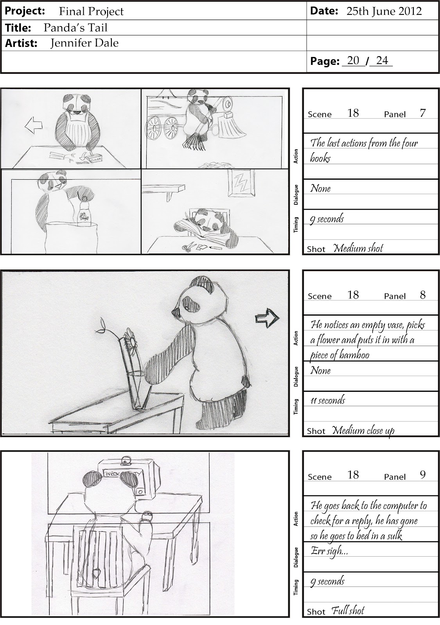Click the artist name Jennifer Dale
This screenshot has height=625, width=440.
pos(84,43)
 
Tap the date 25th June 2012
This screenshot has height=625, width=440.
pos(384,11)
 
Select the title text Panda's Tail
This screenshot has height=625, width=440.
pos(75,28)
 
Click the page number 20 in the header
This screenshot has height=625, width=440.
pos(353,61)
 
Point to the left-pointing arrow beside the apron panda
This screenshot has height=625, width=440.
pos(33,125)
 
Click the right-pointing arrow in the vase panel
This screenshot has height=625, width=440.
pos(267,318)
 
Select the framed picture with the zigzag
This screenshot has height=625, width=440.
pos(241,183)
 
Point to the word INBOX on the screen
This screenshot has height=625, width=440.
pos(112,473)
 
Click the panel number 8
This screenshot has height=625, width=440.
pos(423,295)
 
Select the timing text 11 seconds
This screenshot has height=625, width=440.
pos(328,401)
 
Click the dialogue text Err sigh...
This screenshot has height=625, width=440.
pos(329,551)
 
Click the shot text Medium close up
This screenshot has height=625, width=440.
pos(363,431)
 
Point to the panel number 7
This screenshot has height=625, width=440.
pos(423,113)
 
